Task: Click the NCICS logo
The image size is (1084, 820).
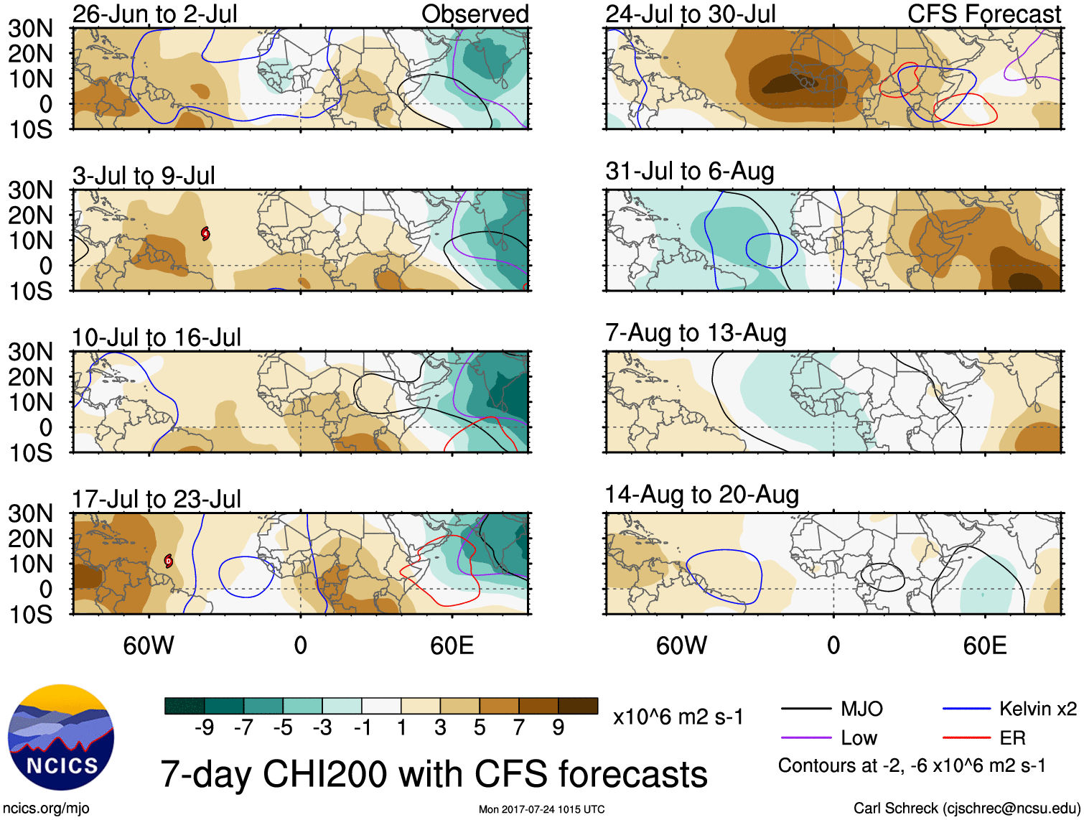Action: [x=61, y=737]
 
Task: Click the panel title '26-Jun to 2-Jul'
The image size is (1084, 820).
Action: [x=154, y=14]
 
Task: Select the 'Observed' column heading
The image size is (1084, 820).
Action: [x=475, y=14]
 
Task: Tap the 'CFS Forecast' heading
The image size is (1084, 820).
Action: [x=983, y=14]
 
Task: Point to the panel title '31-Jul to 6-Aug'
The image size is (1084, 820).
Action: [x=689, y=172]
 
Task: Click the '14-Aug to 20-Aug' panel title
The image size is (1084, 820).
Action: [x=701, y=495]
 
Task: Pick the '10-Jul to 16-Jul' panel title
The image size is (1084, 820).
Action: [x=156, y=337]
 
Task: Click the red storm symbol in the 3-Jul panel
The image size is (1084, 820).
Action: [x=205, y=233]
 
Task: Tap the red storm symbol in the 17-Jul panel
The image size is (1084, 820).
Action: [x=169, y=560]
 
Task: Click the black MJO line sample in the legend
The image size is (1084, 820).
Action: [x=805, y=709]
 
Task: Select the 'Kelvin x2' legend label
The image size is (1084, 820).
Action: [x=1037, y=709]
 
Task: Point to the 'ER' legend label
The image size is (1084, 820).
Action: [x=1012, y=738]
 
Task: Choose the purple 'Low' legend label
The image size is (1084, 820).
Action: [x=859, y=738]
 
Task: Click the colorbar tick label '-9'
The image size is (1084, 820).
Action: [x=204, y=728]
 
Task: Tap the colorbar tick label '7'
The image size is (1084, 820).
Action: [x=519, y=728]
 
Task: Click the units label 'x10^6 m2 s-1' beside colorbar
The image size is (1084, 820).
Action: [x=678, y=717]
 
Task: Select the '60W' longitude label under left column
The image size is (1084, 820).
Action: [x=149, y=646]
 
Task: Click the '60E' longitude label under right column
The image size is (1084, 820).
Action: [x=984, y=646]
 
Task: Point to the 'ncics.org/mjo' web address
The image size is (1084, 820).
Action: [x=46, y=809]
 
